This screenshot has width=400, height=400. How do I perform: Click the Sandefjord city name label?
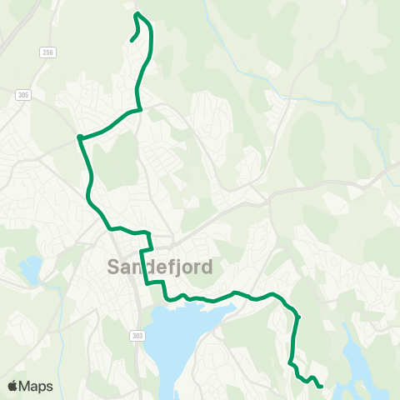160,267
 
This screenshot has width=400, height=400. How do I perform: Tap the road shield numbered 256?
47,52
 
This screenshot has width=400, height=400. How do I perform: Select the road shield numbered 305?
22,96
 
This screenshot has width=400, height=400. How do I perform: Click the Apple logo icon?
12,386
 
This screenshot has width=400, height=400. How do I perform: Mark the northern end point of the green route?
132,39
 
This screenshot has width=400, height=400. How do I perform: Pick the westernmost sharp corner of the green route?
79,137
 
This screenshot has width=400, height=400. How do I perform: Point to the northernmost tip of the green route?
137,13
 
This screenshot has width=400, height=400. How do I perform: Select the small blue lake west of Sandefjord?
30,268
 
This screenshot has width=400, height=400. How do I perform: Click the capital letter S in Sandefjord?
115,267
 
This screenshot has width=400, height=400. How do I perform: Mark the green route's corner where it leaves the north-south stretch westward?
140,109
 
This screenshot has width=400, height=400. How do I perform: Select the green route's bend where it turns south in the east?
297,317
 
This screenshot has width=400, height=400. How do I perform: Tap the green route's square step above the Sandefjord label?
146,249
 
